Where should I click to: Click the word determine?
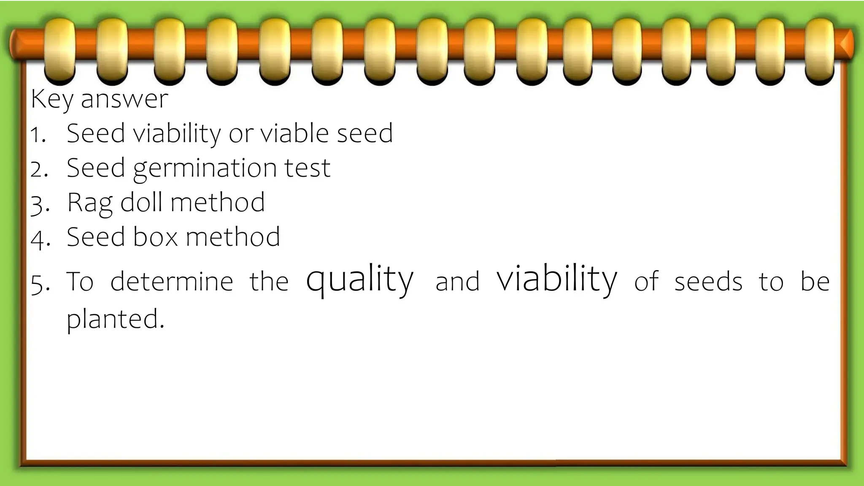tap(172, 281)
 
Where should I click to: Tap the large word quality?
tap(359, 280)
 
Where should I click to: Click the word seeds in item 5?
tap(708, 282)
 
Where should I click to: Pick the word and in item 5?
tap(457, 282)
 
